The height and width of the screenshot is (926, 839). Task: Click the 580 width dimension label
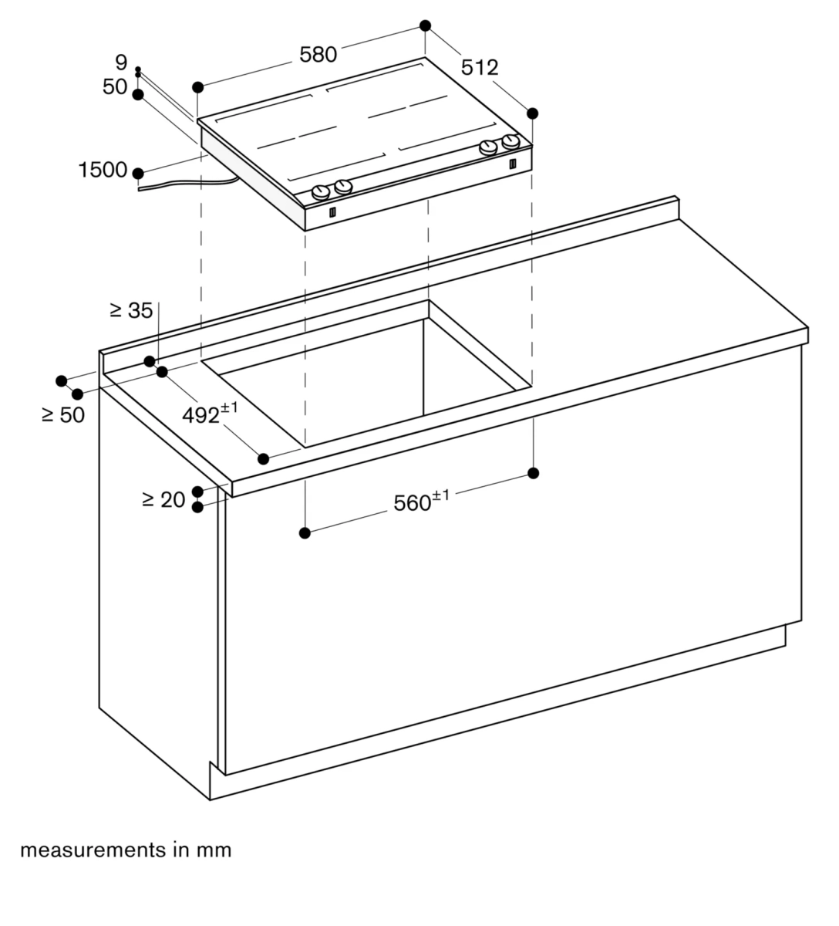318,55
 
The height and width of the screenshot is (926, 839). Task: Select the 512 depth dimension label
480,68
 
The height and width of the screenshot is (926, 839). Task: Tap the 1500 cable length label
103,170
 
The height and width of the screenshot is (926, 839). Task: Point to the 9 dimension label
120,63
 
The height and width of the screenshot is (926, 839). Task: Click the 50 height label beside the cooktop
115,87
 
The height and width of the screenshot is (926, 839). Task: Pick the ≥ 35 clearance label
131,310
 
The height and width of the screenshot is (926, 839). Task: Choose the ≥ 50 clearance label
63,414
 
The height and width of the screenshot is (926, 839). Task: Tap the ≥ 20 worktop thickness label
163,500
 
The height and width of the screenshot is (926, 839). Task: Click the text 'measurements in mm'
126,850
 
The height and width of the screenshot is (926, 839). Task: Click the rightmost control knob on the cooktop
510,142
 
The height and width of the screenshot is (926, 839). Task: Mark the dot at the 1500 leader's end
138,173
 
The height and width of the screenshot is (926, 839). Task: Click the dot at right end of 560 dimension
533,472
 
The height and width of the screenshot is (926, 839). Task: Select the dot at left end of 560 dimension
305,532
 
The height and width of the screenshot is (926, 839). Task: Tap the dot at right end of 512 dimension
532,113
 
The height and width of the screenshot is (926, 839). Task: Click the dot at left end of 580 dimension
198,86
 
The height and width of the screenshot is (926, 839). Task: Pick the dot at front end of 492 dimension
264,459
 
